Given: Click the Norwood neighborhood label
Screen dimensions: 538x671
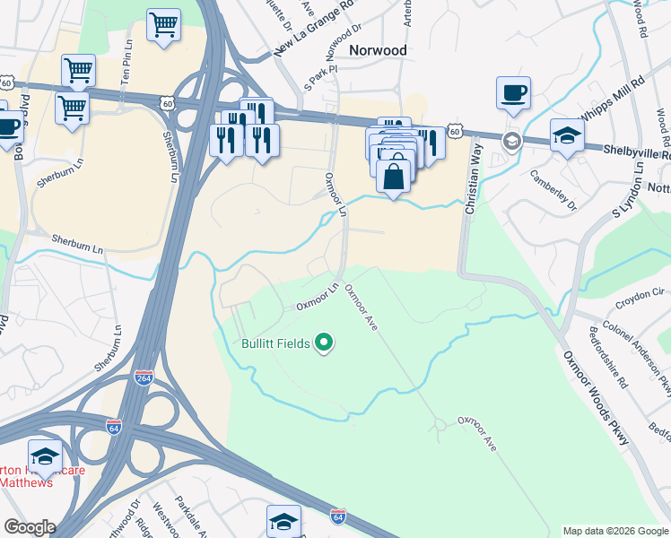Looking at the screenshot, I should point(378,50).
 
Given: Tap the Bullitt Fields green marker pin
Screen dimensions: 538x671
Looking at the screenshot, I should point(325,343).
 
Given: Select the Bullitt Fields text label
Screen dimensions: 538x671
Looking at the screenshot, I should point(275,343).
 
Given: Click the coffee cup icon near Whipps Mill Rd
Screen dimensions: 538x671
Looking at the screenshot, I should point(513,92).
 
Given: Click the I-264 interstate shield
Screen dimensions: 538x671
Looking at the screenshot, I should point(144,377).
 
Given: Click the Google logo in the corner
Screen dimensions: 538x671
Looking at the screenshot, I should point(29,527).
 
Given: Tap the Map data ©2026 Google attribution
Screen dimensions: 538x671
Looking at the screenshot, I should point(615,531).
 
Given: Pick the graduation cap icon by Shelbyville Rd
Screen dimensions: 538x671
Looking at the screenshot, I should point(567,135).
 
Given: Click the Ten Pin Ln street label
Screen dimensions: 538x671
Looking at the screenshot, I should point(128,64).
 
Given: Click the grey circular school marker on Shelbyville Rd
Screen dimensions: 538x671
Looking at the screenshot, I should point(511,140).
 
